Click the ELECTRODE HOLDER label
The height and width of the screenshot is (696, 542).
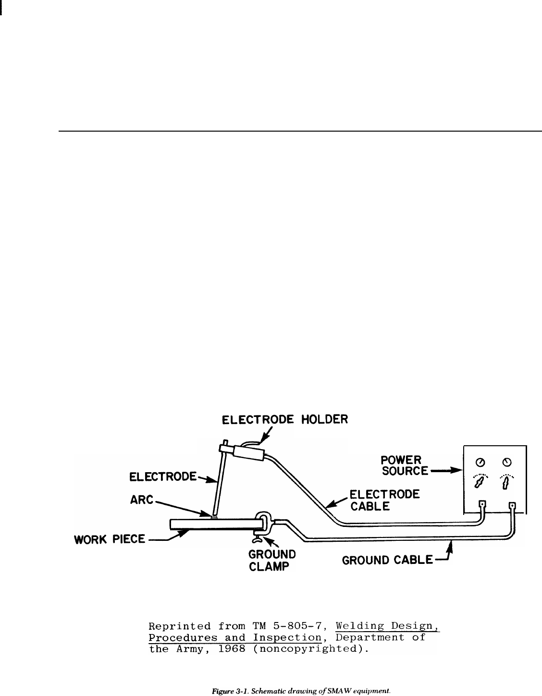(284, 419)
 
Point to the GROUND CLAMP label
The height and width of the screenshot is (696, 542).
(271, 560)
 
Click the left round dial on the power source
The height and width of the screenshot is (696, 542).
(480, 462)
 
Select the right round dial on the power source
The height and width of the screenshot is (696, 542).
(506, 462)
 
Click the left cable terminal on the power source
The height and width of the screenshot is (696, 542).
(483, 505)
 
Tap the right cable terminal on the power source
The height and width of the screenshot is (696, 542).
(512, 506)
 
